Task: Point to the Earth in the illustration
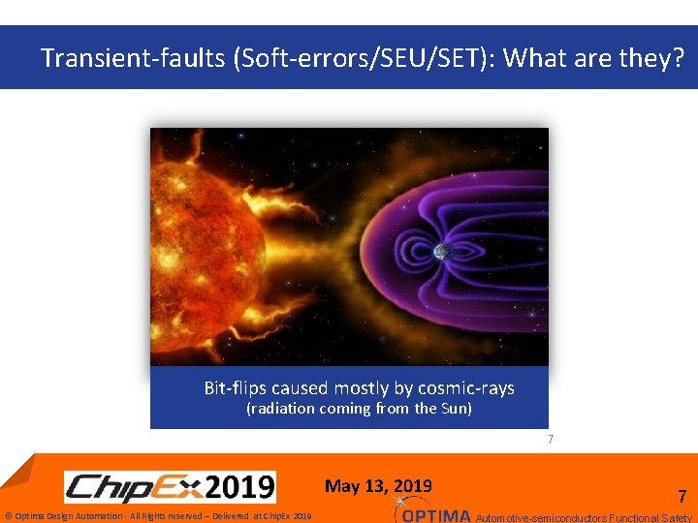tap(442, 252)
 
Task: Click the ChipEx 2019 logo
tap(170, 486)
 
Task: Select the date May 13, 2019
tap(378, 486)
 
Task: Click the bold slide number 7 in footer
tap(682, 497)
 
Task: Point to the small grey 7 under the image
tap(551, 440)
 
